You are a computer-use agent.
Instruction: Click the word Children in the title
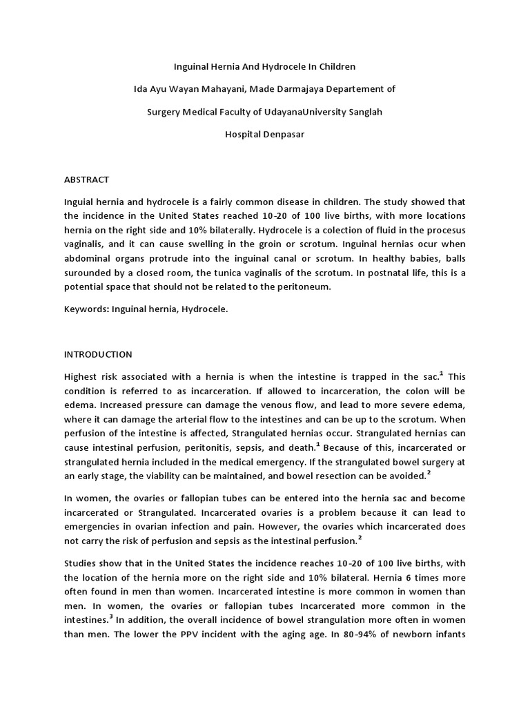pos(333,67)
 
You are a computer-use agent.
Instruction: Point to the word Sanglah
pos(363,112)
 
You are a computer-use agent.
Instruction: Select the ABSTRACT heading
pos(86,180)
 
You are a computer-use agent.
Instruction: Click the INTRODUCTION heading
pos(97,354)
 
